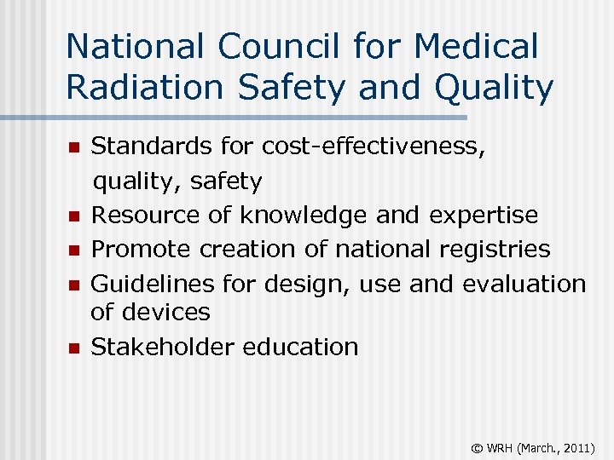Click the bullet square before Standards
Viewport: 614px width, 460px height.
click(74, 147)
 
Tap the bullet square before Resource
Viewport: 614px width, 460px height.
click(74, 216)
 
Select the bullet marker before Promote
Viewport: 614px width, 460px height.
click(74, 250)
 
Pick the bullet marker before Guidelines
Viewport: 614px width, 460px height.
click(74, 285)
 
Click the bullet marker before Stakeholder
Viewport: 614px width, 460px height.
click(74, 348)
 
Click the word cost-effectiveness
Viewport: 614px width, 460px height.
click(374, 147)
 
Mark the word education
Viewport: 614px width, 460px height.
click(301, 347)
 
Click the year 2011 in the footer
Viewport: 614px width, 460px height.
click(576, 446)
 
